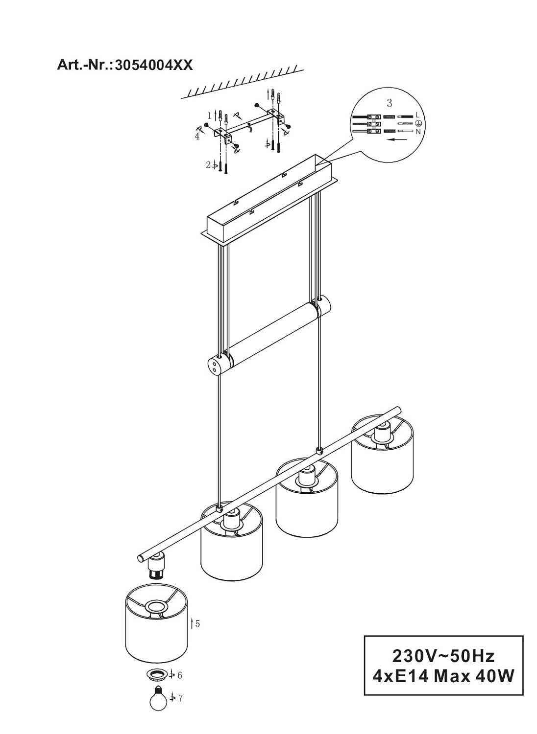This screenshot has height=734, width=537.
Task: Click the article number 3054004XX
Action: [x=154, y=65]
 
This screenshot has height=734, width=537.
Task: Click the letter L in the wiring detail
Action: [x=417, y=115]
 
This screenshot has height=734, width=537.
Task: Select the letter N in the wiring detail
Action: [x=418, y=132]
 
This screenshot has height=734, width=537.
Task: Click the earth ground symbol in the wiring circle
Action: [x=418, y=123]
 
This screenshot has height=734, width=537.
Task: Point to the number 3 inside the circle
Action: [x=390, y=103]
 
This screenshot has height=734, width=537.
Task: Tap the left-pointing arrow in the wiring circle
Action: [x=397, y=139]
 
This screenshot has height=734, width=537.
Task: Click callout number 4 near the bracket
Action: [x=197, y=137]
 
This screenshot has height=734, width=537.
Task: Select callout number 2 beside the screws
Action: [x=208, y=165]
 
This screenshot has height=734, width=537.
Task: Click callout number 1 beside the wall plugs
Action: [x=209, y=115]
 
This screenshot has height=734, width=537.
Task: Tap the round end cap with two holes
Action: [x=215, y=366]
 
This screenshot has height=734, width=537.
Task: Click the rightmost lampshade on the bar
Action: [x=382, y=456]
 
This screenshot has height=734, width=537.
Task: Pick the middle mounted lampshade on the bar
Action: [x=307, y=498]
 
